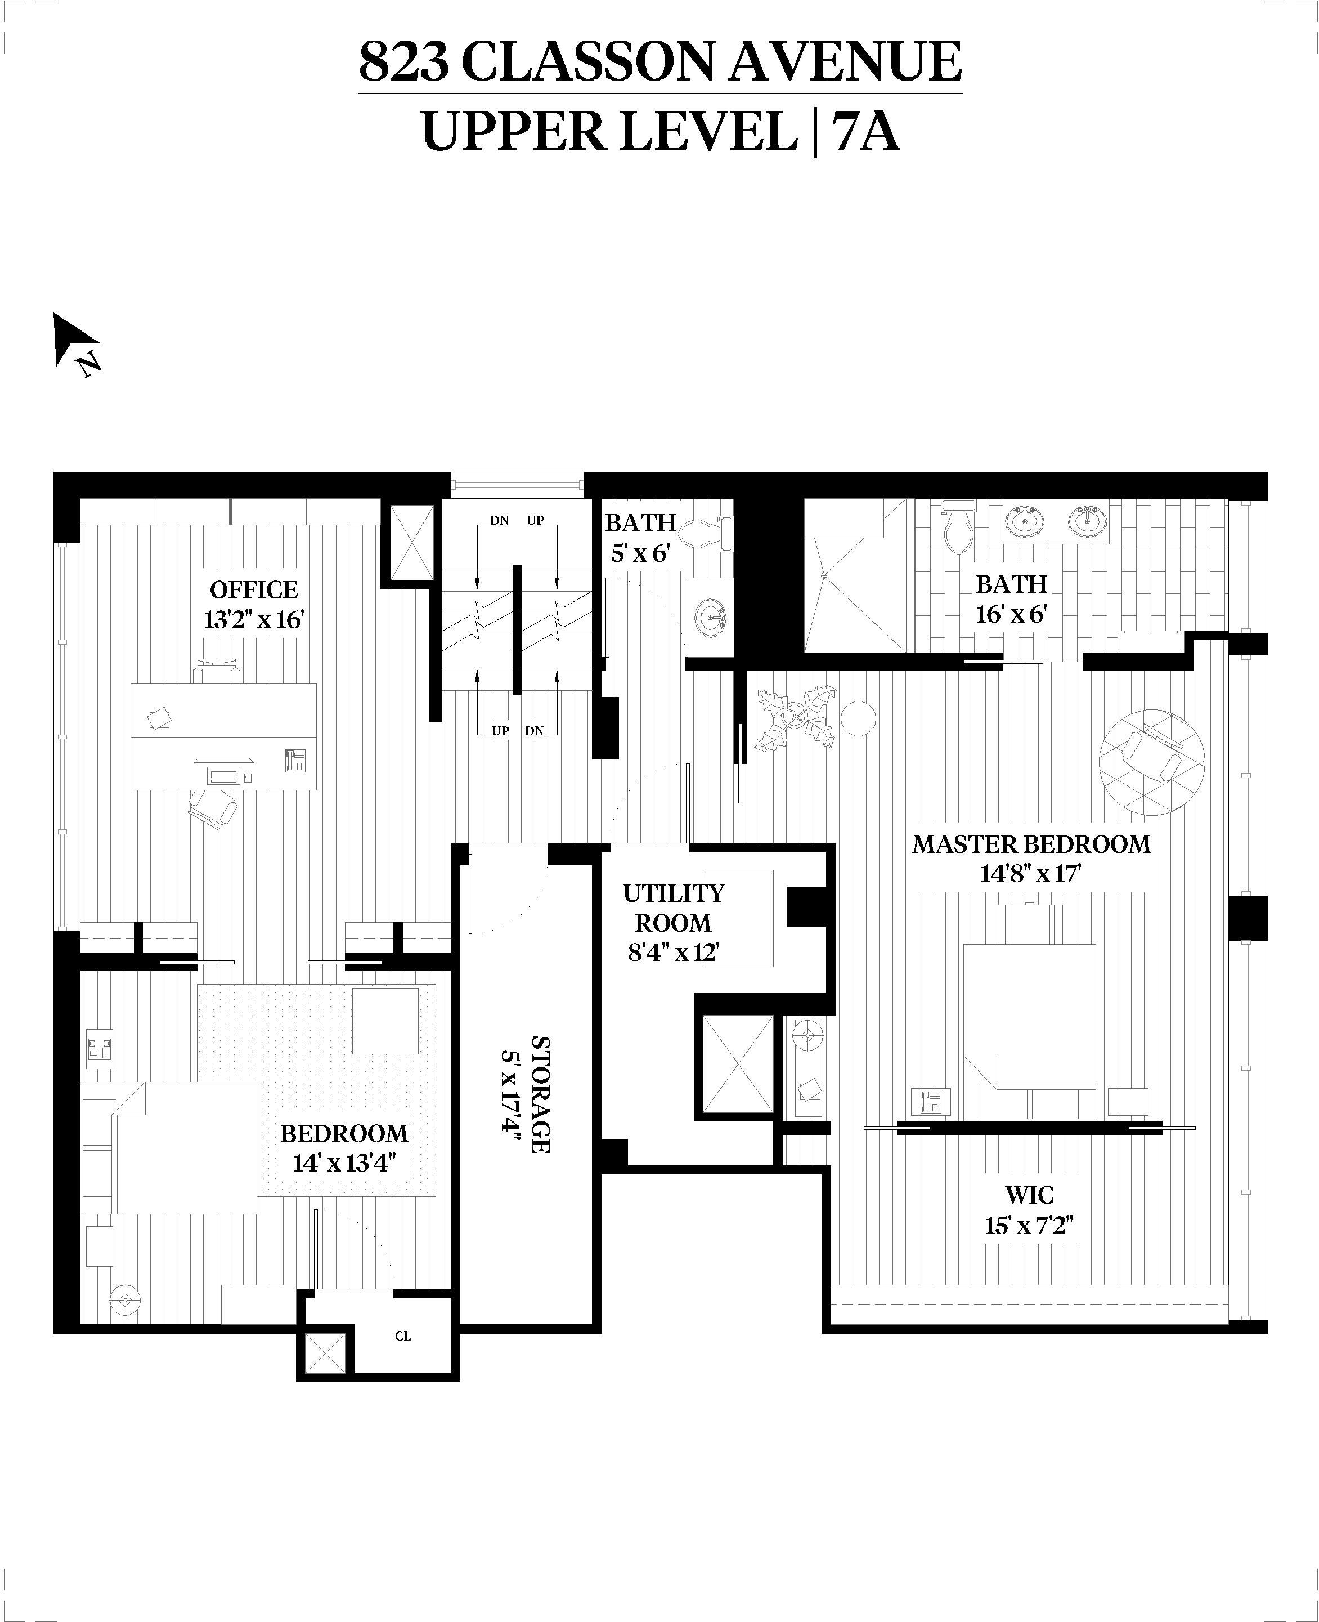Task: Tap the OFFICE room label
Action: point(254,590)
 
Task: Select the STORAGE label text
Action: point(541,1094)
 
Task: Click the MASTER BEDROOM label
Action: point(1031,844)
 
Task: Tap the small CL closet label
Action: point(403,1336)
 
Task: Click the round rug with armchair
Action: point(1151,762)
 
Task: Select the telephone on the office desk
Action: point(294,761)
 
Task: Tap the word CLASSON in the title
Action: point(588,62)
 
